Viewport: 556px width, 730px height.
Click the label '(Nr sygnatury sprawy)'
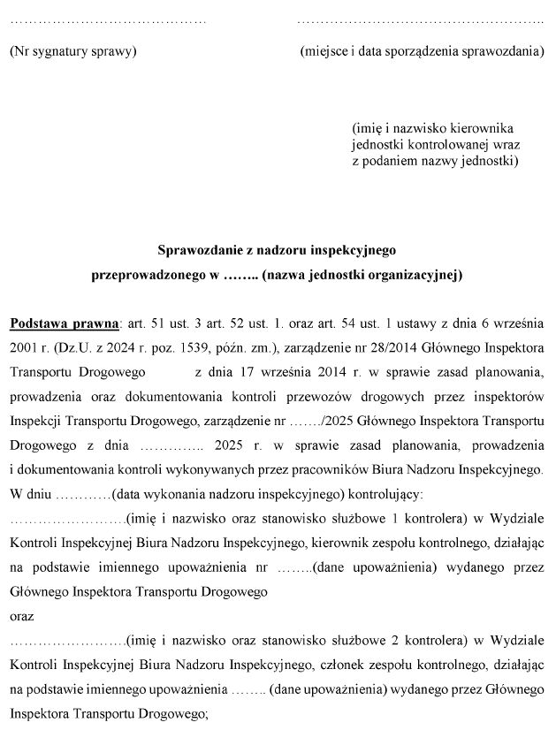(72, 51)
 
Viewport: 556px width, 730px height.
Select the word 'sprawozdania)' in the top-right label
(507, 51)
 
